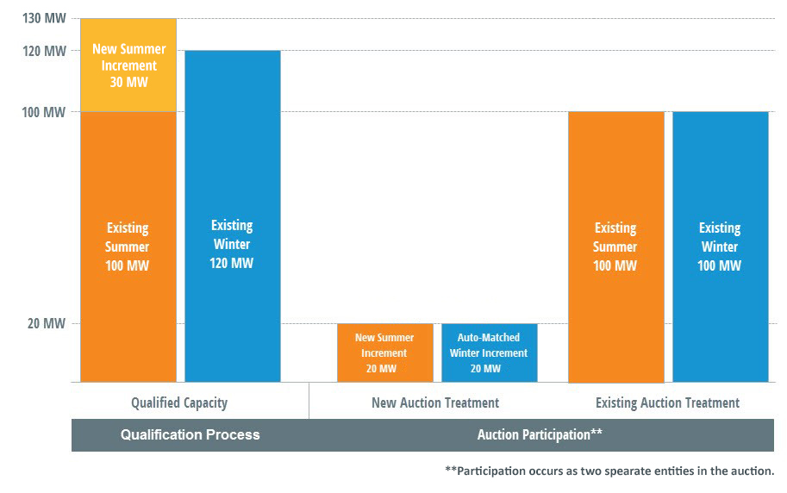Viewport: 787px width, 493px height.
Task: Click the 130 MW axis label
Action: pos(44,18)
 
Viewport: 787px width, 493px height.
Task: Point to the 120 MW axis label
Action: pos(44,51)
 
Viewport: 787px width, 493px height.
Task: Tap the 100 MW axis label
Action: pos(44,112)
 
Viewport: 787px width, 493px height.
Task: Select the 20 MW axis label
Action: pos(47,323)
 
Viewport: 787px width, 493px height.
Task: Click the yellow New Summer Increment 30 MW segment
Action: pos(128,66)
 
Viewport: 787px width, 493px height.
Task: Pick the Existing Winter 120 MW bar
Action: pos(233,216)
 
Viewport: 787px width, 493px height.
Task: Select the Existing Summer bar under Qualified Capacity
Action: pos(128,247)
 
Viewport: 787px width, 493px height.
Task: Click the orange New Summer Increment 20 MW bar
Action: pos(385,353)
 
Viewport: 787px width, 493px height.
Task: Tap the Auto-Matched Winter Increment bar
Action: pos(490,353)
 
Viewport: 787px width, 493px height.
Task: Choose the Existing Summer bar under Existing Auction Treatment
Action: pos(616,247)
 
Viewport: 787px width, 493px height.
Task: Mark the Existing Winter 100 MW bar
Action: pos(721,247)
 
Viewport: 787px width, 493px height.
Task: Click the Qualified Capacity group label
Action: pos(179,403)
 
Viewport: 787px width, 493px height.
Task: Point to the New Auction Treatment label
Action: pos(435,403)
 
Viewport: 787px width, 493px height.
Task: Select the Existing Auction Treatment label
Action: pos(667,403)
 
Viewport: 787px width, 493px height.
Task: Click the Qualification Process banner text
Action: pos(191,434)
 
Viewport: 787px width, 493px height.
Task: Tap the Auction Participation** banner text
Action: pos(540,434)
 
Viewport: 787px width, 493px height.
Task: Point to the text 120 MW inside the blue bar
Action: pos(231,263)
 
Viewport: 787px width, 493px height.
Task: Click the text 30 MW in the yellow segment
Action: pos(129,83)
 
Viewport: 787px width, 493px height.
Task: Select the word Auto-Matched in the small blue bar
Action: pos(489,337)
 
